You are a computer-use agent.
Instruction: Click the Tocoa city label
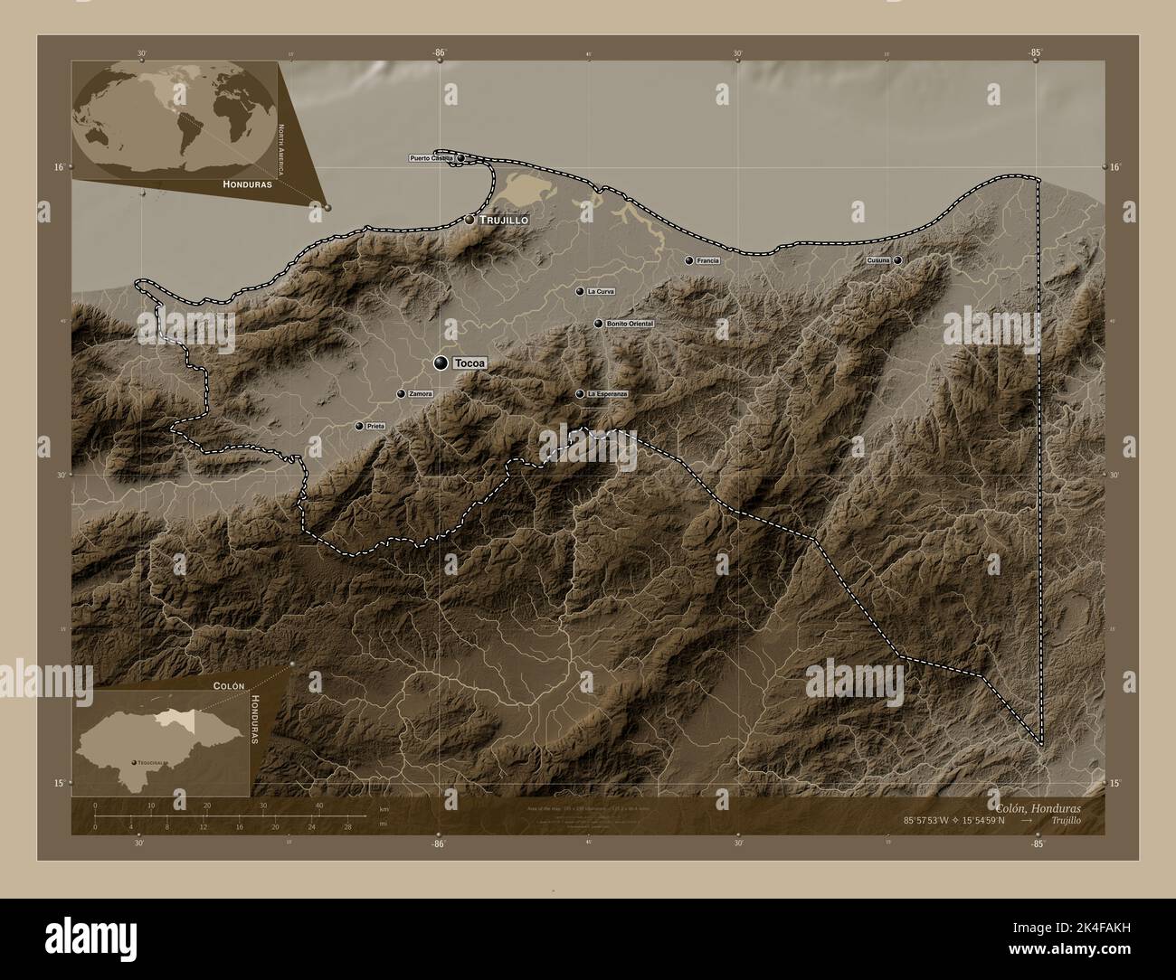(x=469, y=363)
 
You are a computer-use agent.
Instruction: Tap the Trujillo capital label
(x=504, y=220)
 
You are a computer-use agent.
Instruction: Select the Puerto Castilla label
(x=431, y=158)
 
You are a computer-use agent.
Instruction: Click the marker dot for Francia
(x=689, y=260)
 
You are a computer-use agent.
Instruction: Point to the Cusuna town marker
(x=897, y=260)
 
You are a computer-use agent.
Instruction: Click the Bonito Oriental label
(x=630, y=324)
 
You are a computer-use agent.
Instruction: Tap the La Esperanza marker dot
(x=580, y=394)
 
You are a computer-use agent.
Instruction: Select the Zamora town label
(x=421, y=394)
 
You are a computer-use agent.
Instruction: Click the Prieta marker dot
(x=359, y=426)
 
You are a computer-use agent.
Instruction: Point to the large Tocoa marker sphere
(x=441, y=363)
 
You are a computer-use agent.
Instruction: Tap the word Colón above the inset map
(x=230, y=685)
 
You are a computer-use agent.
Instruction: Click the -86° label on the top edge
(x=439, y=53)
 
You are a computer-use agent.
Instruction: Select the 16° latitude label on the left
(x=59, y=167)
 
